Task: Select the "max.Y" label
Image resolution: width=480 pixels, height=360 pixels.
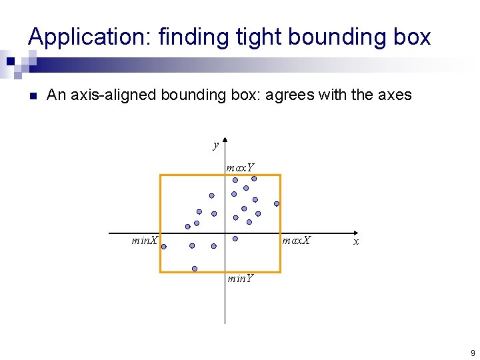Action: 240,167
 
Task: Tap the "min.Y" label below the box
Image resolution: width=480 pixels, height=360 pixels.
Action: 240,279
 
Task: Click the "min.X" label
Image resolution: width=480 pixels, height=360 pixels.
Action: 145,240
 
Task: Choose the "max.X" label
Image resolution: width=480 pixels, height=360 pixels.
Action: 297,240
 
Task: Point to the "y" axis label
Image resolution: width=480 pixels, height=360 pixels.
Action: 215,145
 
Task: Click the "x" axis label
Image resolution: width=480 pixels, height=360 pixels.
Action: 356,241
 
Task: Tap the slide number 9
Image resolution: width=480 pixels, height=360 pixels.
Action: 472,353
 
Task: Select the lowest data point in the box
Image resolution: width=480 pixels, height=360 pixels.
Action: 194,269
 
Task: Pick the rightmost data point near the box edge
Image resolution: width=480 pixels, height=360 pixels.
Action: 277,203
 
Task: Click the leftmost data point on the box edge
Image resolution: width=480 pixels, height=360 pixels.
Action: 163,246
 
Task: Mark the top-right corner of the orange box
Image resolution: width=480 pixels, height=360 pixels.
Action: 280,175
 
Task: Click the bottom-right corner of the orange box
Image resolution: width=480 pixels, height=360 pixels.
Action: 280,272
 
